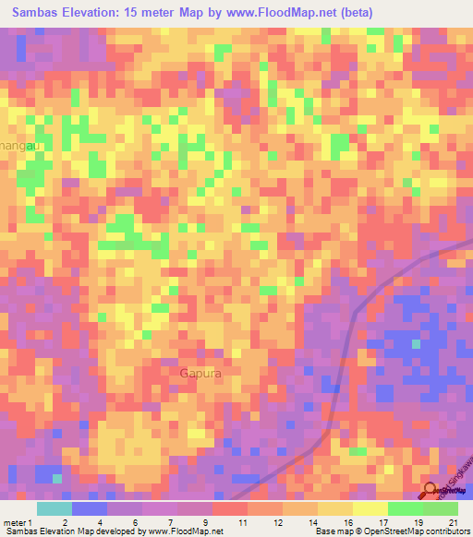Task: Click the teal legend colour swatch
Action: pyautogui.click(x=54, y=508)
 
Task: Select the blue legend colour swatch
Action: pyautogui.click(x=89, y=508)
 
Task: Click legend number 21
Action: pyautogui.click(x=452, y=522)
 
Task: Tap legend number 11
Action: pyautogui.click(x=241, y=522)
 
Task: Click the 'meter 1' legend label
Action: pyautogui.click(x=18, y=522)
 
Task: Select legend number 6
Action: pyautogui.click(x=136, y=522)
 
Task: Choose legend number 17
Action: pyautogui.click(x=382, y=522)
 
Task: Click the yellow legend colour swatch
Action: pyautogui.click(x=370, y=508)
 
